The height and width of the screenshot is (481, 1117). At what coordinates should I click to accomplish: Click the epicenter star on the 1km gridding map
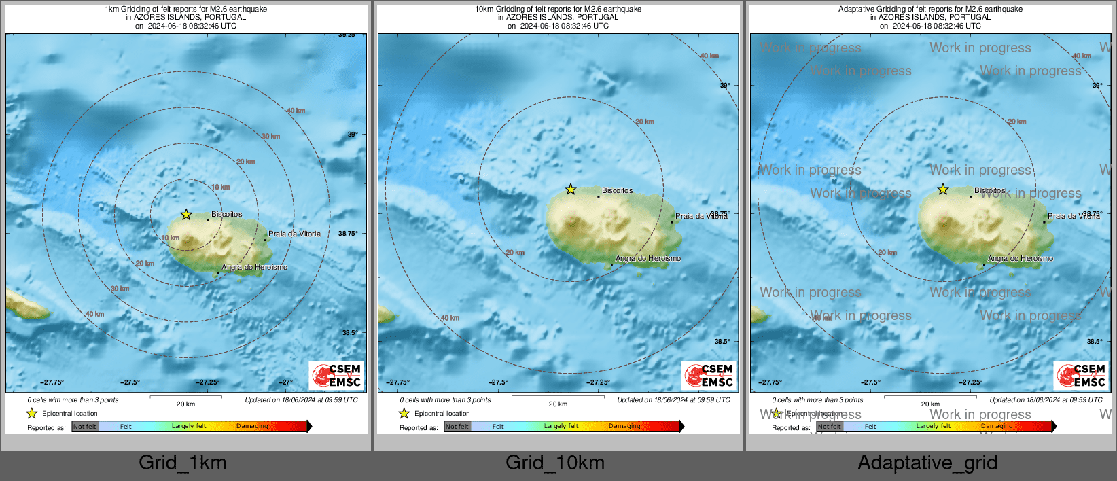[x=186, y=215]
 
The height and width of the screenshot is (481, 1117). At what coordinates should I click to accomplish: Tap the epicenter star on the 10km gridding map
[x=571, y=190]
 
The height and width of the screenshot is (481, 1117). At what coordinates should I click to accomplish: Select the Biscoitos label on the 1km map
[x=226, y=214]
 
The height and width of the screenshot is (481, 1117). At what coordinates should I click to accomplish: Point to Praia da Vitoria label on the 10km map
[x=701, y=216]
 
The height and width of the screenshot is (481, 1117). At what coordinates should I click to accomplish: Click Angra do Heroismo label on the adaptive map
[x=1020, y=258]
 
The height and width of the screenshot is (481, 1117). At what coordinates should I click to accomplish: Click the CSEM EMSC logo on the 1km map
[x=336, y=375]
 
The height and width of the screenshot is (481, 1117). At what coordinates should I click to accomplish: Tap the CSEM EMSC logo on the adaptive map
[x=1081, y=375]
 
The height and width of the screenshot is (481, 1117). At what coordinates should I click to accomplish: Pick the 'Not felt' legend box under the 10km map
[x=457, y=427]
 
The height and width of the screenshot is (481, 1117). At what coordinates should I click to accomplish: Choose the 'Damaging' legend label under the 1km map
[x=252, y=427]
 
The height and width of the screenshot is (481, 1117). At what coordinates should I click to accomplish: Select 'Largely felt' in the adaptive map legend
[x=933, y=427]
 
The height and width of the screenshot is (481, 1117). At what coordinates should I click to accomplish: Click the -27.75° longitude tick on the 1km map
[x=52, y=382]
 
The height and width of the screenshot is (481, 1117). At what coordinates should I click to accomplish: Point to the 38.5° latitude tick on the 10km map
[x=722, y=342]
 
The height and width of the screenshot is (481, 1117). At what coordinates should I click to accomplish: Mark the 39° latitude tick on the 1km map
[x=352, y=135]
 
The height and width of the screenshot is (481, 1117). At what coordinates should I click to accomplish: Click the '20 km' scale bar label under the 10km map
[x=558, y=404]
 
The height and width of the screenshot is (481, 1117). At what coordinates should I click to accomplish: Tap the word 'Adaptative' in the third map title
[x=857, y=10]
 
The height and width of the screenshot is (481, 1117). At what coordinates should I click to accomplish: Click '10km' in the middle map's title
[x=484, y=10]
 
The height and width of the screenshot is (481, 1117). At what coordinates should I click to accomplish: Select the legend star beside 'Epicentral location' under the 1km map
[x=31, y=413]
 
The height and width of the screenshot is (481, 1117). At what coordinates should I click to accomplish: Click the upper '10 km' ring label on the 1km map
[x=220, y=188]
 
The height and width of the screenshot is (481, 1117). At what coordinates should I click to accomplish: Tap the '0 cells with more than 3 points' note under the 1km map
[x=73, y=400]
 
